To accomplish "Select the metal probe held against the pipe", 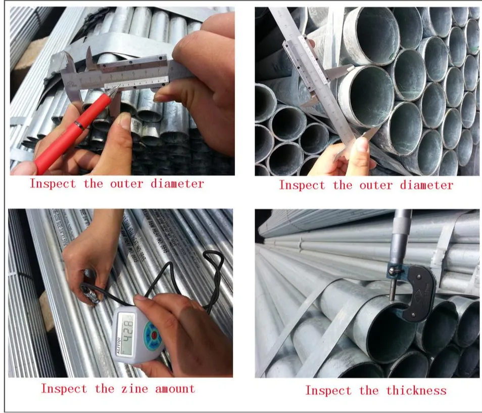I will [91, 295].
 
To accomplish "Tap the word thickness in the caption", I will [416, 390].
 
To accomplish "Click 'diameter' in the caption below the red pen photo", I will [177, 183].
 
